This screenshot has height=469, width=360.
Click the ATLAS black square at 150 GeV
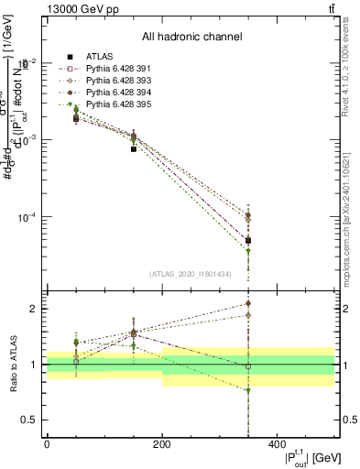tap(134, 148)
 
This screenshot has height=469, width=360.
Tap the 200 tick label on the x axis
tap(162, 443)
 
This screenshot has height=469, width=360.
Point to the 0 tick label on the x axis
tap(47, 443)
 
